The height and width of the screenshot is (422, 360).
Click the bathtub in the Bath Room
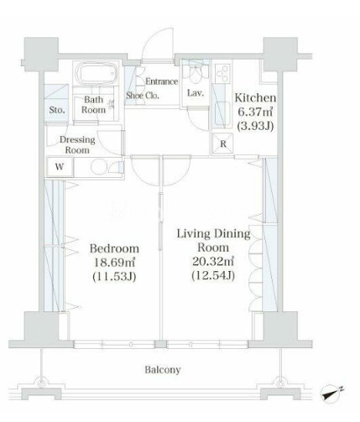97,73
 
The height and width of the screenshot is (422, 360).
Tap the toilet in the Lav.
195,73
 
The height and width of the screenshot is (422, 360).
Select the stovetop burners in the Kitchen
222,73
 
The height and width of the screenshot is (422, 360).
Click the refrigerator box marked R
223,143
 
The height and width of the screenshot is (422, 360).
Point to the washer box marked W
60,167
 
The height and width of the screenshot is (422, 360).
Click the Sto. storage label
57,110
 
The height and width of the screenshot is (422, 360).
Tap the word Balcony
163,370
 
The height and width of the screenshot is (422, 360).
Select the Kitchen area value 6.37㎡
255,112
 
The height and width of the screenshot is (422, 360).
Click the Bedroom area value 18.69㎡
114,263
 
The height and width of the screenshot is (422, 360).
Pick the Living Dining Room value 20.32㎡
213,261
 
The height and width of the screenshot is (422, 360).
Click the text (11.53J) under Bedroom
114,277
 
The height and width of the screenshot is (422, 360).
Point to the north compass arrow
331,393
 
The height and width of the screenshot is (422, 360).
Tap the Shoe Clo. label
143,96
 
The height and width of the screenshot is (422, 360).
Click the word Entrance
162,81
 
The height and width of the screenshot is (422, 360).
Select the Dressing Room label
77,145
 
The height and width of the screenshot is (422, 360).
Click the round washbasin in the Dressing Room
98,167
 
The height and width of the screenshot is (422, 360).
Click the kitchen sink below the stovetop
222,115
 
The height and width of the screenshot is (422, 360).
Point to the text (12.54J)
213,276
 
